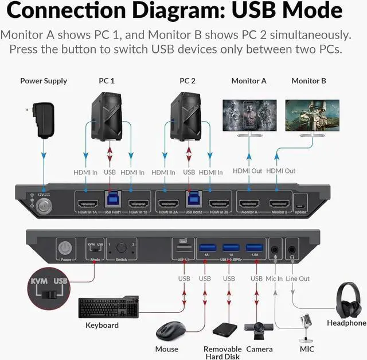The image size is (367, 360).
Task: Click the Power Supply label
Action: pos(44,81)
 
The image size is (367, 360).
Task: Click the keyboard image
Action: pos(107,308)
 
